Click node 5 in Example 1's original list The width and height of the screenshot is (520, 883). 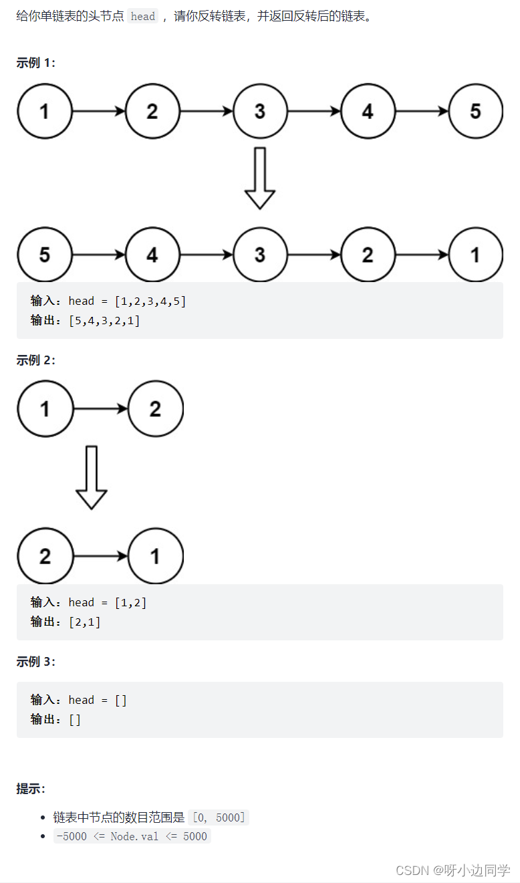[475, 111]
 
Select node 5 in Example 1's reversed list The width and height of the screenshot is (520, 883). [45, 255]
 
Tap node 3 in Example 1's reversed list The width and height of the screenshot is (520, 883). [260, 255]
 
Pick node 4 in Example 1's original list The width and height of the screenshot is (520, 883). [368, 111]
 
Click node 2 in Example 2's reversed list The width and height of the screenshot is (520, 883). [45, 556]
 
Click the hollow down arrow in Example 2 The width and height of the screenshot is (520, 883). [92, 477]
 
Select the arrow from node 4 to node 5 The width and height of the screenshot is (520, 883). [422, 111]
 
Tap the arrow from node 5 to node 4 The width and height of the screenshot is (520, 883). [98, 255]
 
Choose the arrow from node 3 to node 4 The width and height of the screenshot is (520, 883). [314, 111]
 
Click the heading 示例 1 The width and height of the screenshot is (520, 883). [36, 63]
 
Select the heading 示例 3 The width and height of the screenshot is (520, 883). [36, 662]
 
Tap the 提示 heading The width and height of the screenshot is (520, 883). [31, 789]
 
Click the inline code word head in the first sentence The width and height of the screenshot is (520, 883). [143, 17]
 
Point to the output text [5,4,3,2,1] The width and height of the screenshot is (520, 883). [104, 321]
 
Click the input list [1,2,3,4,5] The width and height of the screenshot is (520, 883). [150, 301]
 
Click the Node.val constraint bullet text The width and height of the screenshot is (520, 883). [132, 836]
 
